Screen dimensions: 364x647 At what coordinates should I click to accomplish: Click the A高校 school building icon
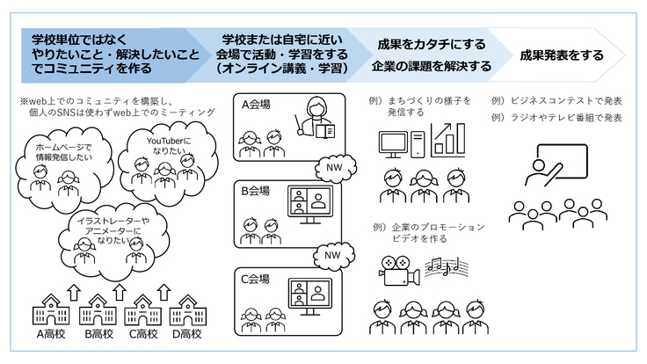pos(51,310)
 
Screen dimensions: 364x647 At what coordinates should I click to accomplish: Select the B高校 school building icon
pos(97,310)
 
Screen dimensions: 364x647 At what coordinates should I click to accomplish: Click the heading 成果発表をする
pos(562,55)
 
